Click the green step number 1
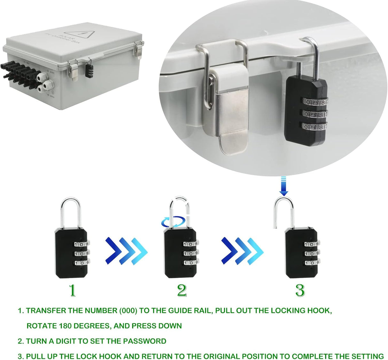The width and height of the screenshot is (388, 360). coord(73,290)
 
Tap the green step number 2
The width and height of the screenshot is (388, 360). coord(182,290)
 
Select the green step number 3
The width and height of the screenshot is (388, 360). coord(300,290)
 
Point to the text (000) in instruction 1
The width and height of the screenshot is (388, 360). coord(129,310)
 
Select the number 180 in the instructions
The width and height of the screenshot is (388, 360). coord(65,326)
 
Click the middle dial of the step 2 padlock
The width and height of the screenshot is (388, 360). coord(190,253)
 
